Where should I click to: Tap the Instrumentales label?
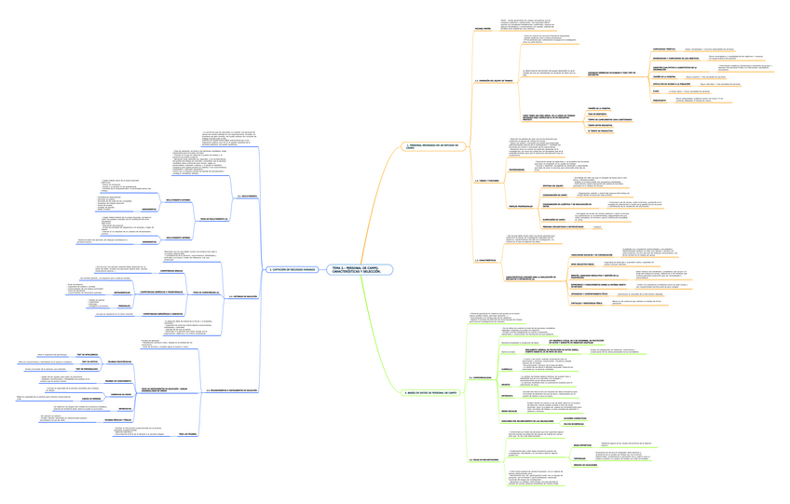coord(121,292)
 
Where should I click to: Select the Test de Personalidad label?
coord(85,369)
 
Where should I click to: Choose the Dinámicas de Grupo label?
coord(120,394)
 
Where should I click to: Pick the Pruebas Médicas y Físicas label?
coord(117,420)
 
